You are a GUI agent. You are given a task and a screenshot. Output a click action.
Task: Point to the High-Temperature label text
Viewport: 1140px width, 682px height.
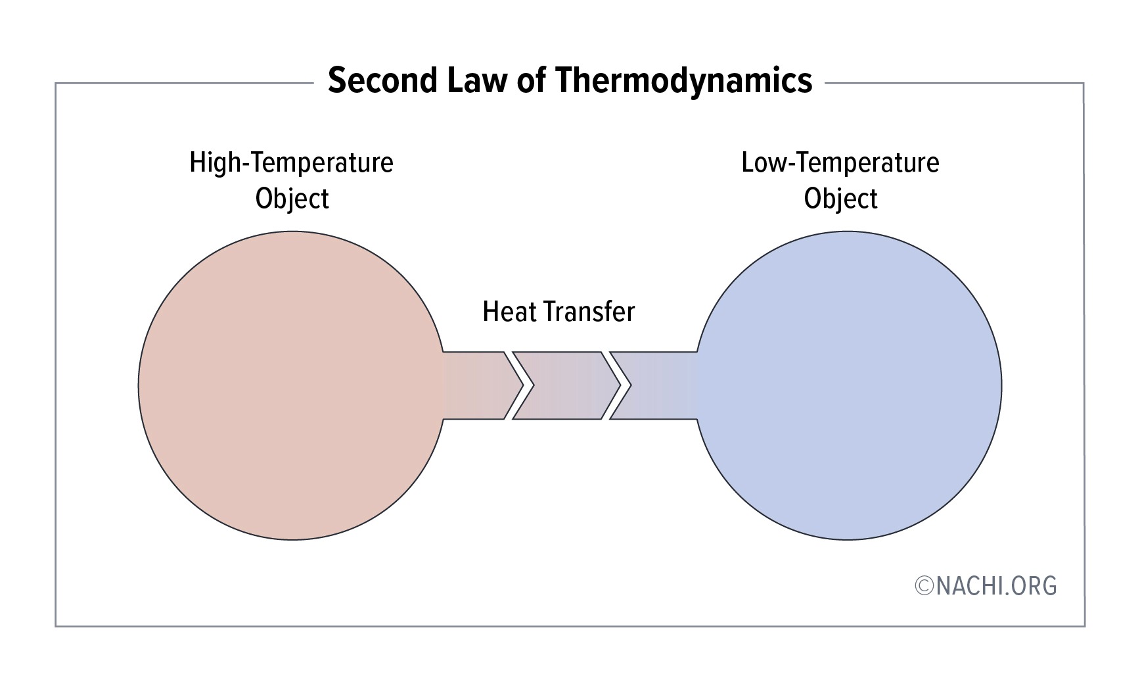tap(291, 162)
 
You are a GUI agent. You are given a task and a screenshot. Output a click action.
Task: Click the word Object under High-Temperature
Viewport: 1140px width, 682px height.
tap(292, 199)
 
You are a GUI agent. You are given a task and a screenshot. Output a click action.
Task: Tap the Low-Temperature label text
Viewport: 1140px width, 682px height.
tap(840, 162)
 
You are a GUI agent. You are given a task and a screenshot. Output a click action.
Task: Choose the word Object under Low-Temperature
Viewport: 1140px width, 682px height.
tap(840, 199)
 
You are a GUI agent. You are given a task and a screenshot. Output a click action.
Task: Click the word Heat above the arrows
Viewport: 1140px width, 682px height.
tap(507, 312)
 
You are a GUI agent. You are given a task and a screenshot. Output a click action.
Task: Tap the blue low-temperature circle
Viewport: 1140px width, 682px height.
tap(848, 385)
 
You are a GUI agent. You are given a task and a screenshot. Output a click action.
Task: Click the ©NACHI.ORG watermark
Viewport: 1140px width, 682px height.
tap(986, 585)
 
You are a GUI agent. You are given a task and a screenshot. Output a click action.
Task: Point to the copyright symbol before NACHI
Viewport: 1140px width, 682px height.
tap(924, 586)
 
